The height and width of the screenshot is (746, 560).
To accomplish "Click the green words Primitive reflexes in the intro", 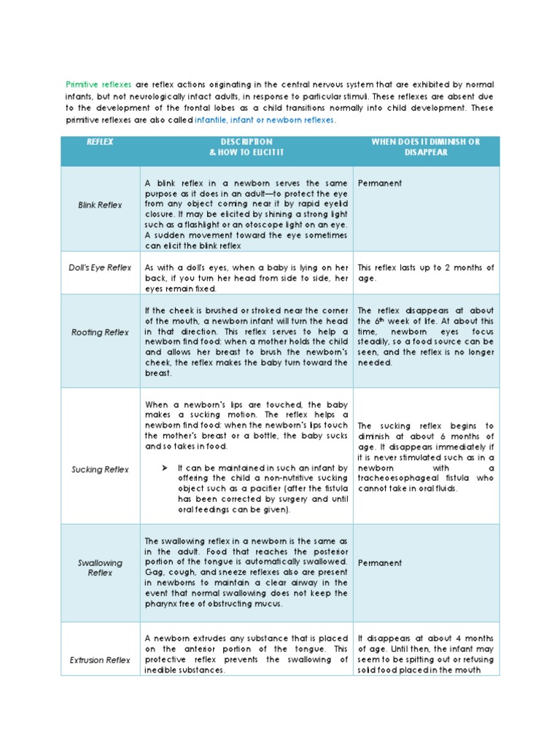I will (98, 85).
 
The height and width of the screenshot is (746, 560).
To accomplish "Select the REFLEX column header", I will (100, 142).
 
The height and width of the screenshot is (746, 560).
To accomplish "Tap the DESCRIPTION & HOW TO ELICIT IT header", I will (246, 147).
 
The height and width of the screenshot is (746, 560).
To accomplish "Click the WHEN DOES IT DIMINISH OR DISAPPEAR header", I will (426, 147).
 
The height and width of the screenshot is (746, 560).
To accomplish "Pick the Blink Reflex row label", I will (100, 205).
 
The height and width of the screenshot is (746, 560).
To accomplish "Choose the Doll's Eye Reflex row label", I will (101, 267).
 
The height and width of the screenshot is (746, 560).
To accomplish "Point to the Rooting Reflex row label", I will (100, 332).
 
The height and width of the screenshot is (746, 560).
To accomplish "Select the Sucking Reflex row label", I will (100, 470).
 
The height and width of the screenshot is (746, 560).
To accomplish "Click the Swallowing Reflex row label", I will (100, 568).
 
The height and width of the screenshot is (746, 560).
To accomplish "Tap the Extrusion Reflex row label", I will (100, 660).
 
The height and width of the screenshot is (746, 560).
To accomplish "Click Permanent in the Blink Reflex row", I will (379, 184).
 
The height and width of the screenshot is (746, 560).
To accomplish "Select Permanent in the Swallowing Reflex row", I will (379, 563).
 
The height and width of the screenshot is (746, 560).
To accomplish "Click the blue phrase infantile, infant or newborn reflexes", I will (265, 120).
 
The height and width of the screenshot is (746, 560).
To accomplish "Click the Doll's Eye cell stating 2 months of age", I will (426, 273).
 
